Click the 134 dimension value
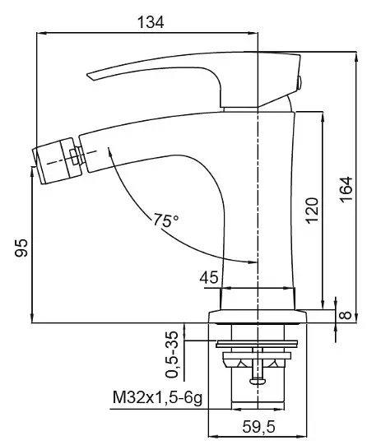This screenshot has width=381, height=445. pyautogui.click(x=151, y=22)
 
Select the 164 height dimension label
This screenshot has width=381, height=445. pyautogui.click(x=346, y=189)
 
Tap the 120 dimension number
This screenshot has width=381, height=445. pyautogui.click(x=312, y=211)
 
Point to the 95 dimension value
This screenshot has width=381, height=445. pyautogui.click(x=21, y=248)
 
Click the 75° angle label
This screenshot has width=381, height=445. pyautogui.click(x=166, y=220)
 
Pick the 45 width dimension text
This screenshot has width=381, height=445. pyautogui.click(x=209, y=277)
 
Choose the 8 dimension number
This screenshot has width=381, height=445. pyautogui.click(x=346, y=315)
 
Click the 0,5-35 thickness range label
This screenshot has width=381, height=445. pyautogui.click(x=172, y=355)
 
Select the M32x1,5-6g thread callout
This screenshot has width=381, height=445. pyautogui.click(x=157, y=398)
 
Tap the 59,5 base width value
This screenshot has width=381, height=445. pyautogui.click(x=258, y=427)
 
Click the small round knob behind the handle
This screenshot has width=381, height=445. pyautogui.click(x=300, y=83)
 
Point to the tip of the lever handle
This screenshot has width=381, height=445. pyautogui.click(x=87, y=75)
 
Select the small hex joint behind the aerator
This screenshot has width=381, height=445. pyautogui.click(x=75, y=157)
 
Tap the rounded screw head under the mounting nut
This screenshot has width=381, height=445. pyautogui.click(x=258, y=381)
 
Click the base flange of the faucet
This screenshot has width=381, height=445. pyautogui.click(x=258, y=317)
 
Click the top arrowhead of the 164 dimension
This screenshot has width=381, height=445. pyautogui.click(x=356, y=56)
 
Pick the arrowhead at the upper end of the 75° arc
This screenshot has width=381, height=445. pyautogui.click(x=110, y=151)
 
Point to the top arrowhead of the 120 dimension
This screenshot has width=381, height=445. pyautogui.click(x=323, y=117)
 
